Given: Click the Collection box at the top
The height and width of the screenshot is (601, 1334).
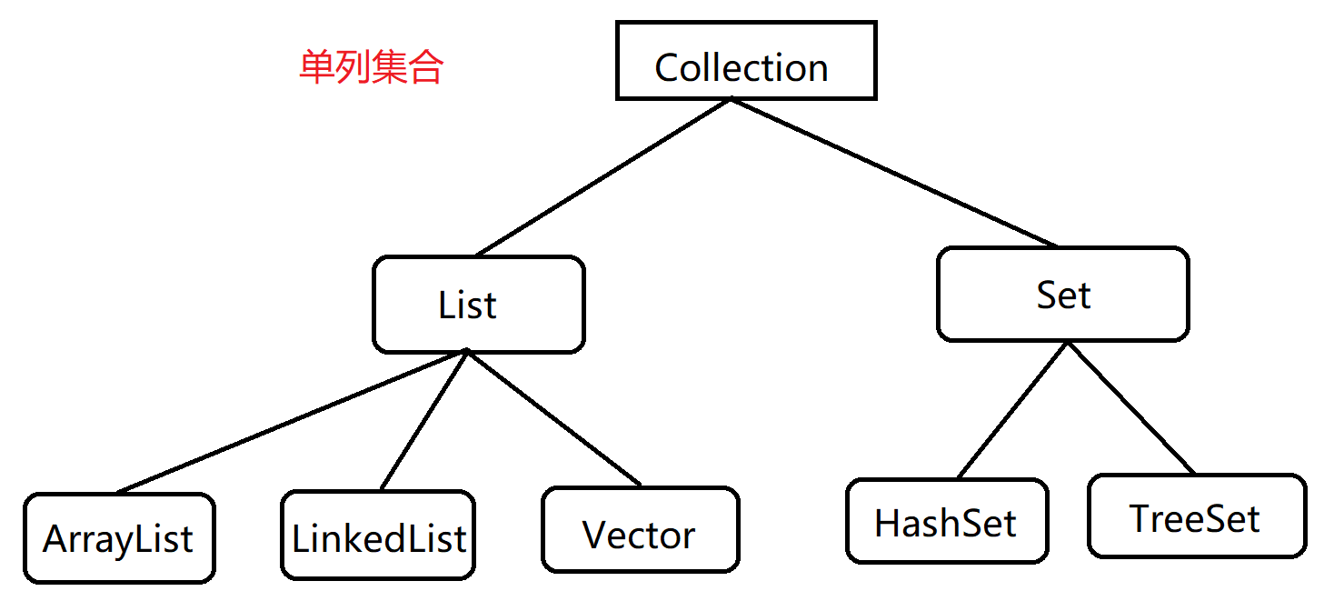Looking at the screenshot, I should pyautogui.click(x=746, y=61).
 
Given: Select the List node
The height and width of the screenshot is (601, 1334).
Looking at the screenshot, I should pyautogui.click(x=478, y=305).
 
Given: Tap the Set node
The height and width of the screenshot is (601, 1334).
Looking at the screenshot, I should pyautogui.click(x=1062, y=295).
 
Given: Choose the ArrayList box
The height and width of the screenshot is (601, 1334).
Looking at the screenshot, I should pyautogui.click(x=119, y=538).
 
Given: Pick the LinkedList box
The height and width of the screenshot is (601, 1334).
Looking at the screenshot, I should pyautogui.click(x=378, y=536).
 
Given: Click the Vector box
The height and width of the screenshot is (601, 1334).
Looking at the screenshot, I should pyautogui.click(x=640, y=530).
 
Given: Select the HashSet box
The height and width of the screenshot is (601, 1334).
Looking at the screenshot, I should pyautogui.click(x=946, y=521).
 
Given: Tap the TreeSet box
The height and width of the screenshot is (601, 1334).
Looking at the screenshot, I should pyautogui.click(x=1196, y=516).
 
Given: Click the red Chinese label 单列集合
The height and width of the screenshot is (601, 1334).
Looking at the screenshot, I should pyautogui.click(x=371, y=67).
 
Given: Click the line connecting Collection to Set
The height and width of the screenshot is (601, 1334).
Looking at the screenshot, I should pyautogui.click(x=893, y=173).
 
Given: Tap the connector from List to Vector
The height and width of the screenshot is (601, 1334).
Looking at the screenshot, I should pyautogui.click(x=553, y=418).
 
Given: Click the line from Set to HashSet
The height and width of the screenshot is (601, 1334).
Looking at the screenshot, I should pyautogui.click(x=1011, y=411).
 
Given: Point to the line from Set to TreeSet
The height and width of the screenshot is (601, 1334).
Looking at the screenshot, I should pyautogui.click(x=1132, y=408).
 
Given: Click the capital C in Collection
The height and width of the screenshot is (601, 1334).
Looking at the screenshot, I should pyautogui.click(x=668, y=68).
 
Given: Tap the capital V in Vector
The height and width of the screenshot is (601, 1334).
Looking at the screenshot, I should pyautogui.click(x=594, y=536).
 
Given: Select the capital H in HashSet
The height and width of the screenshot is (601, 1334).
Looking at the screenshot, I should pyautogui.click(x=888, y=523).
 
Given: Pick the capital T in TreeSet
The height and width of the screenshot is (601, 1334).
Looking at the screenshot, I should pyautogui.click(x=1141, y=518).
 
